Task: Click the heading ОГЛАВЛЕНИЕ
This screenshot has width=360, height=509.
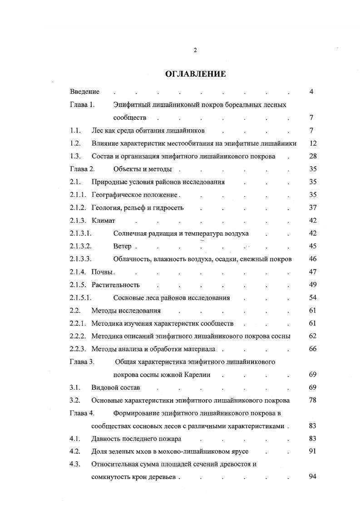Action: pos(195,74)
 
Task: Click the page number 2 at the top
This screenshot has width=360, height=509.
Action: pos(195,50)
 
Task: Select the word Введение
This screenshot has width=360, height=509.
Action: pos(85,92)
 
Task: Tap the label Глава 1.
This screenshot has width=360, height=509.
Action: pos(82,105)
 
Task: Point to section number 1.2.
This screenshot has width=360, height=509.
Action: pos(75,143)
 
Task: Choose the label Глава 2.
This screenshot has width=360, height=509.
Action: pos(82,169)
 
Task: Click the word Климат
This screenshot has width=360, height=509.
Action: pos(104,220)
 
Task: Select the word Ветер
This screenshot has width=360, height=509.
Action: pos(123,246)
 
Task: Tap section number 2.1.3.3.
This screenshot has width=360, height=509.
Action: pos(81,259)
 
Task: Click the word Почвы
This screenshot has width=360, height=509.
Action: pos(102,272)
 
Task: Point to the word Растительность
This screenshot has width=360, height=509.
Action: pos(115,285)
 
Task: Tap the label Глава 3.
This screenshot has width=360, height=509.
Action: pos(82,362)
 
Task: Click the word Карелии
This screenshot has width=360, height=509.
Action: pos(197,375)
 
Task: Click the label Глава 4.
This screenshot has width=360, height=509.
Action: pos(82,413)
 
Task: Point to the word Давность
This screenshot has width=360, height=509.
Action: pos(105,439)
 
